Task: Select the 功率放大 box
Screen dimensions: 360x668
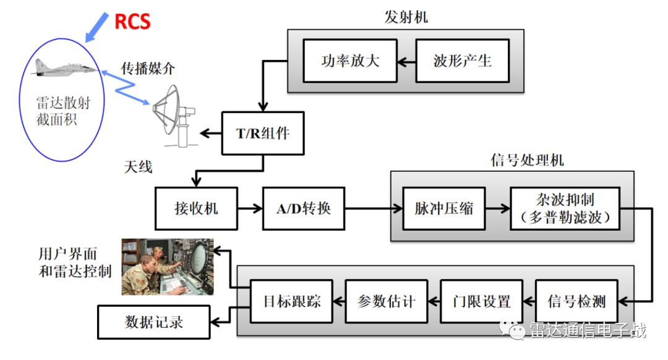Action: [350, 61]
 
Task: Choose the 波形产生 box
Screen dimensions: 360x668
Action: [462, 61]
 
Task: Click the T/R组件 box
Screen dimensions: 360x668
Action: [263, 133]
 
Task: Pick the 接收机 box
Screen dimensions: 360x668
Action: [196, 208]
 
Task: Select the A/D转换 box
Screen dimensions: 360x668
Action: [303, 208]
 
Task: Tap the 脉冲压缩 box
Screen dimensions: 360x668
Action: [443, 208]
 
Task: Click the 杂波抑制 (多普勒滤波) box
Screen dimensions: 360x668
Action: [565, 208]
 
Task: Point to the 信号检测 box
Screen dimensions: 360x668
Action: [576, 301]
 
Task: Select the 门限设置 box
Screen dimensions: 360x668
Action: [480, 301]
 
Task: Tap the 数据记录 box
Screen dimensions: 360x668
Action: [154, 322]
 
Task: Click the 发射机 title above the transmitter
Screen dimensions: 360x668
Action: [406, 17]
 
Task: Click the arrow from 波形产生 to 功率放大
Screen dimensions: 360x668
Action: [406, 61]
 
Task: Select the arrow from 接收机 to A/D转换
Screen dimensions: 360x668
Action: [250, 209]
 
